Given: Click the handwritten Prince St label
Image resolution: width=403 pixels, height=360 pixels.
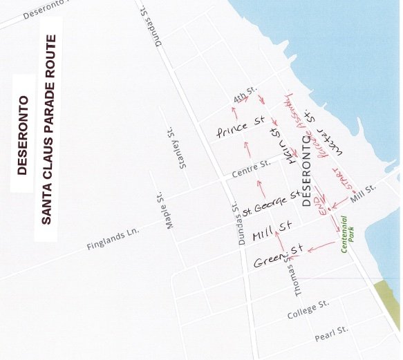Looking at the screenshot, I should [x=241, y=126].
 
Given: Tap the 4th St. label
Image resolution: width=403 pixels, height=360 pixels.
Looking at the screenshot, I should [x=245, y=95].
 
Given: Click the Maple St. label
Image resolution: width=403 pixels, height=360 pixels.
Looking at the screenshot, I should [x=163, y=209].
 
